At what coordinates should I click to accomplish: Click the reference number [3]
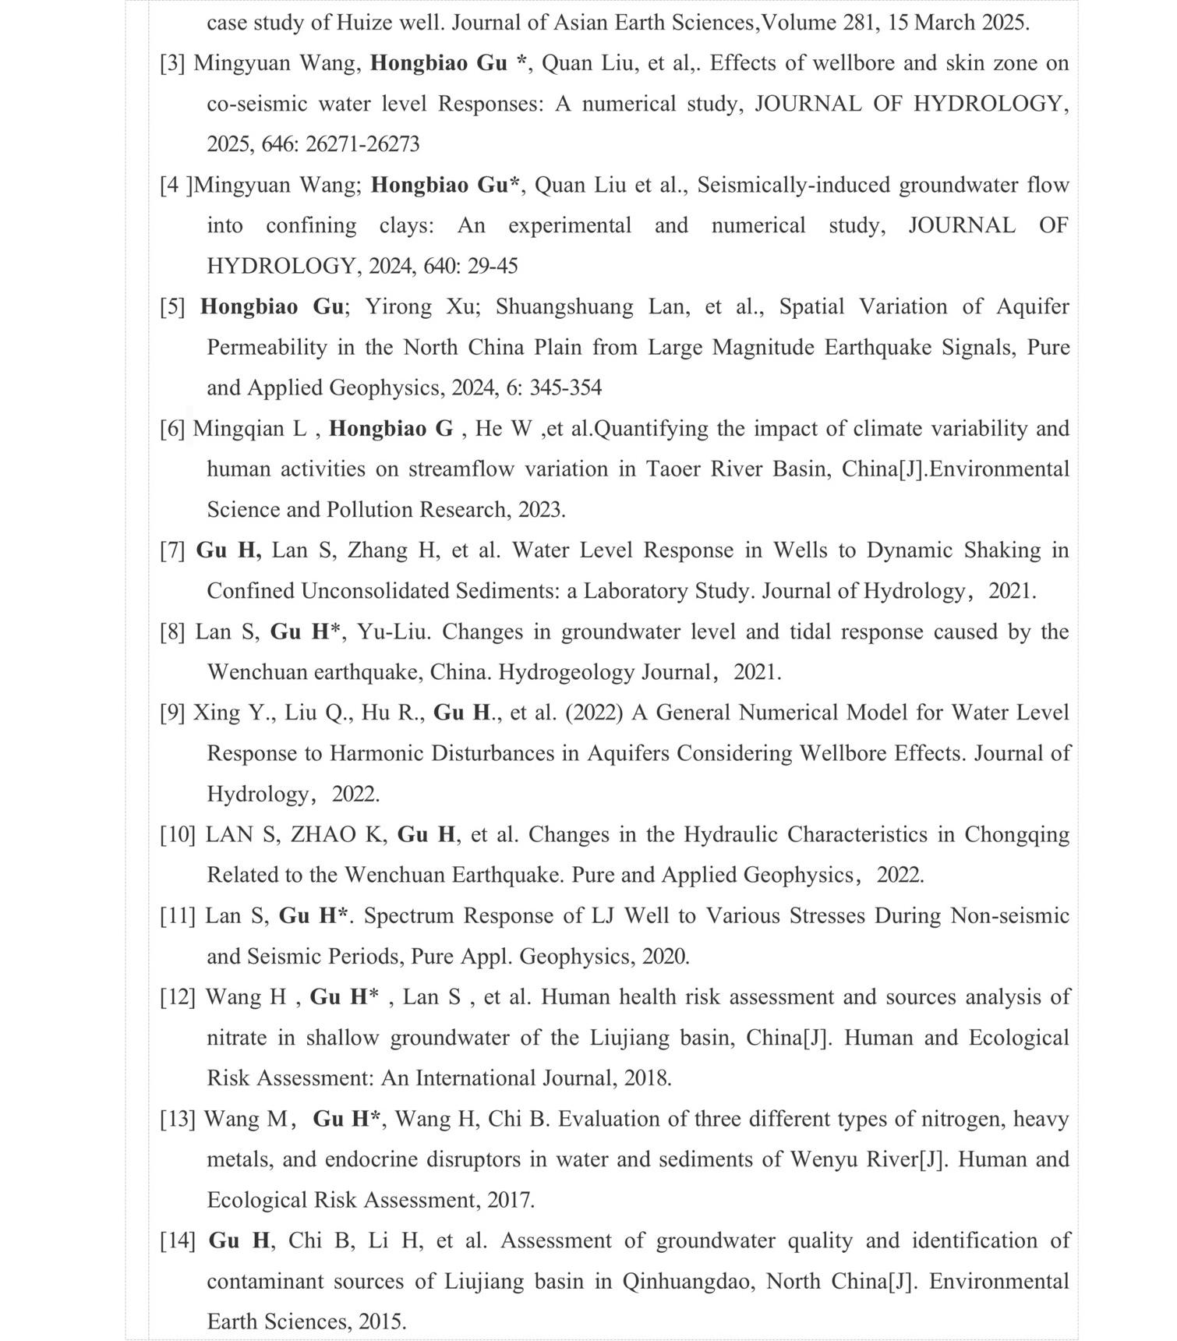click(x=172, y=63)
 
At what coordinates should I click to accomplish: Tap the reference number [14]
click(x=178, y=1240)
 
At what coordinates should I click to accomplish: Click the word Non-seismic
click(x=1009, y=915)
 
